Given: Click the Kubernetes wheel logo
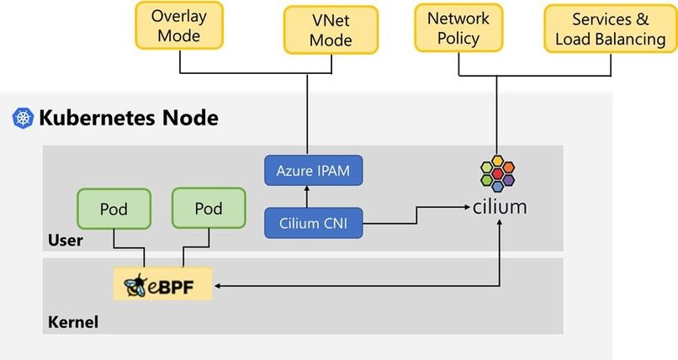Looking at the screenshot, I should tap(22, 118).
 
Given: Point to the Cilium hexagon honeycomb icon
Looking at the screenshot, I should tap(499, 172).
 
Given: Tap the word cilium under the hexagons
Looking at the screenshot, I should tap(500, 205).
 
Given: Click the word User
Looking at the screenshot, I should tap(64, 241).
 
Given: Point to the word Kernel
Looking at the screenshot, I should tap(72, 321).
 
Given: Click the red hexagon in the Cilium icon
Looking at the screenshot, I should tap(499, 173).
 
